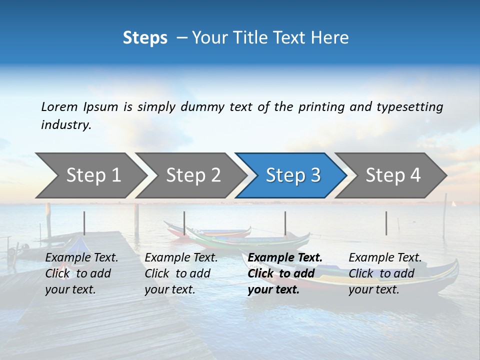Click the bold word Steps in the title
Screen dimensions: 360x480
point(145,38)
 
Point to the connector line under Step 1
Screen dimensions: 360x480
point(84,223)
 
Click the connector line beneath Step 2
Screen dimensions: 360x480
point(184,223)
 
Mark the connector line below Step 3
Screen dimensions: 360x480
point(285,223)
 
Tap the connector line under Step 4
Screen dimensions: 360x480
point(386,223)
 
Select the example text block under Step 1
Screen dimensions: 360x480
point(81,273)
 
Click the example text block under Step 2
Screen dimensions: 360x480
point(181,273)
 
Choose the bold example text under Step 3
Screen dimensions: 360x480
point(285,273)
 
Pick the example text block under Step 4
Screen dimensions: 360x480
point(385,273)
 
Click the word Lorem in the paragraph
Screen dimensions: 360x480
point(59,106)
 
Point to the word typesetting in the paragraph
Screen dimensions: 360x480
point(409,106)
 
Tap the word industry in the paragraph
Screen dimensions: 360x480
point(66,125)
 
